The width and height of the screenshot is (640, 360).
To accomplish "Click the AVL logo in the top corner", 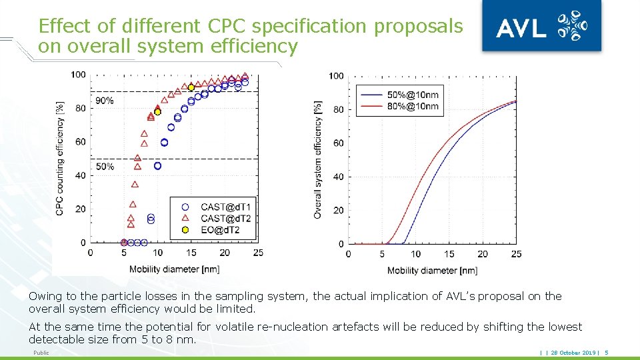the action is (541, 25).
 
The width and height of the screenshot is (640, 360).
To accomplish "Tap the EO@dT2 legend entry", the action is (211, 230).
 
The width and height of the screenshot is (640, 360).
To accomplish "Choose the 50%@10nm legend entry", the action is (399, 95).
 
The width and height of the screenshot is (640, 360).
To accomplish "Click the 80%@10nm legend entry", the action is (399, 106).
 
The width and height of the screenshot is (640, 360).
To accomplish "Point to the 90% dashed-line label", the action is (105, 101).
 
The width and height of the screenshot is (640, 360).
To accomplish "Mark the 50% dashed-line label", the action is (105, 167).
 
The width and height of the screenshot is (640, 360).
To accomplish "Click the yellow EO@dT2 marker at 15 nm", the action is (191, 87).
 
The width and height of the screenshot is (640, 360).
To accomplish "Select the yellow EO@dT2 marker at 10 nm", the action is (157, 112).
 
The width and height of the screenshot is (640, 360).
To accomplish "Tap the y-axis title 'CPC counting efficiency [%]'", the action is (59, 159).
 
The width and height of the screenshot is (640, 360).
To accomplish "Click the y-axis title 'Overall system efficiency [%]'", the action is (317, 159).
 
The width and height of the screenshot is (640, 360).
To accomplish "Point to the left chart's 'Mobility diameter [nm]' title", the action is (174, 269).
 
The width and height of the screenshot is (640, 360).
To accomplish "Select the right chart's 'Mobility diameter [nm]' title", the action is (432, 270).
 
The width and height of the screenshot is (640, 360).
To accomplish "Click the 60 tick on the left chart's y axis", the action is (80, 141).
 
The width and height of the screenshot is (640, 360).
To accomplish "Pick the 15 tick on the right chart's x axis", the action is (449, 254).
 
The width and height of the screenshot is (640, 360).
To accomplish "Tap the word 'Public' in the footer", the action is (41, 353).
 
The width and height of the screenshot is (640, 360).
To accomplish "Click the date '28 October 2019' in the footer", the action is (573, 353).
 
